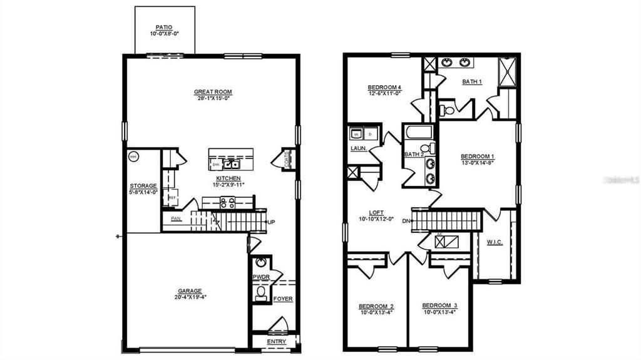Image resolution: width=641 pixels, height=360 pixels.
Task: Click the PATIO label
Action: [164, 28]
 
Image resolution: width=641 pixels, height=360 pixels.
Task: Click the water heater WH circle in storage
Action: [133, 157]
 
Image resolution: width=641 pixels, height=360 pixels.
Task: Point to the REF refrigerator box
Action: [172, 198]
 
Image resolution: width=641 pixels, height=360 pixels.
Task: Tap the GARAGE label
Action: [189, 291]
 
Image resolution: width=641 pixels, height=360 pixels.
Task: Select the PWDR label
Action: [261, 277]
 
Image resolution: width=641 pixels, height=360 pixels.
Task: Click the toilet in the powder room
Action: [261, 292]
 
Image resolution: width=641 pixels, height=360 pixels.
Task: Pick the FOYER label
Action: [283, 299]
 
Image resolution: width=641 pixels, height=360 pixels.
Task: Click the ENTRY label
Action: [276, 342]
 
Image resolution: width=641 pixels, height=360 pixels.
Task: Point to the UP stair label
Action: [272, 222]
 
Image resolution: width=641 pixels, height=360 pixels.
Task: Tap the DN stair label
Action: [406, 220]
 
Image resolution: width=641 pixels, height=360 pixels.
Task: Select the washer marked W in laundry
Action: [356, 134]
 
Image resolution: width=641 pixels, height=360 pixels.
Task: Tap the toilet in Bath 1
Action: [448, 111]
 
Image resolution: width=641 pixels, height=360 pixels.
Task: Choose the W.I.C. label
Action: [494, 242]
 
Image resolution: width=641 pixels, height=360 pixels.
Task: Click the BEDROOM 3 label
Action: [439, 306]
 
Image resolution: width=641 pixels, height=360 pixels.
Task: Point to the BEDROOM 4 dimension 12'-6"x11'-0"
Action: [384, 93]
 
